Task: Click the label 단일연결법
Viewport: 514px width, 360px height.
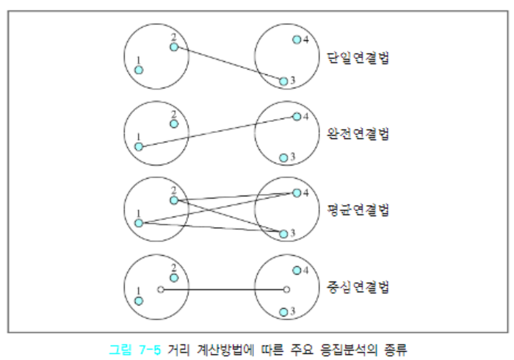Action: click(x=358, y=58)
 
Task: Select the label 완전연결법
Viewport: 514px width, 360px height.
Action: click(x=358, y=134)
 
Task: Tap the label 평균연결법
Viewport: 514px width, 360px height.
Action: click(x=358, y=211)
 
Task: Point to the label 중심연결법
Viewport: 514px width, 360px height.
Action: click(x=358, y=287)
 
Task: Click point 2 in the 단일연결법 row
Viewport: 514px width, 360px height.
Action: click(x=173, y=48)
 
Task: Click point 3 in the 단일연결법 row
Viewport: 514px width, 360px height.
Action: click(x=283, y=81)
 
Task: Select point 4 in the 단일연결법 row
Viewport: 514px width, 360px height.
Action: click(x=296, y=40)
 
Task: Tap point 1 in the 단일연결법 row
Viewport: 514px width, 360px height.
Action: click(x=139, y=70)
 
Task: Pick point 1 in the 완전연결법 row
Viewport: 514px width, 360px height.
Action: click(x=139, y=147)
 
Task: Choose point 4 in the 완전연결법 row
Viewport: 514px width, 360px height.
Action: click(x=296, y=116)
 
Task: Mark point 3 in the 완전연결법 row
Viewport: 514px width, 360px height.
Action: click(x=283, y=157)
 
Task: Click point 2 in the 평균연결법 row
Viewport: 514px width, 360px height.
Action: click(x=173, y=200)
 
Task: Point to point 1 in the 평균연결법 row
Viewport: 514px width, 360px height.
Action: click(x=139, y=223)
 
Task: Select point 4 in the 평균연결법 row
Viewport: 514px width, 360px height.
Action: click(x=296, y=193)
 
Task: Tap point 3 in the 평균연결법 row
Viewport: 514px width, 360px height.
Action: click(x=283, y=234)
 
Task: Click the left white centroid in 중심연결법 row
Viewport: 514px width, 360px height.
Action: click(x=160, y=289)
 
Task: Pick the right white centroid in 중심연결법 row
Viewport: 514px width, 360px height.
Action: click(x=286, y=289)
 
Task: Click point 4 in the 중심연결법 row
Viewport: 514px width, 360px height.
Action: click(x=296, y=270)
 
